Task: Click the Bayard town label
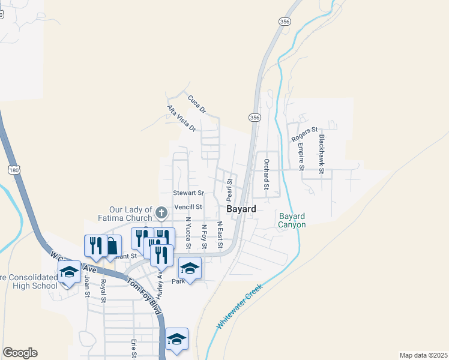click(x=241, y=209)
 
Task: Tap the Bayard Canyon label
click(x=292, y=220)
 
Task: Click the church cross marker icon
click(x=161, y=212)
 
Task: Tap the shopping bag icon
click(x=112, y=245)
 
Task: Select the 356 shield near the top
click(x=285, y=21)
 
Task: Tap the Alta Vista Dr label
click(x=181, y=118)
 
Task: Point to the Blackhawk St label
click(x=322, y=154)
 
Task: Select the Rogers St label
click(x=304, y=134)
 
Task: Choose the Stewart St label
click(x=188, y=193)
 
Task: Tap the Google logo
click(x=20, y=353)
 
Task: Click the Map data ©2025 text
click(x=423, y=355)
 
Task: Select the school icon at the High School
click(x=70, y=272)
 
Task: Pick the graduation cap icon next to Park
click(x=190, y=268)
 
